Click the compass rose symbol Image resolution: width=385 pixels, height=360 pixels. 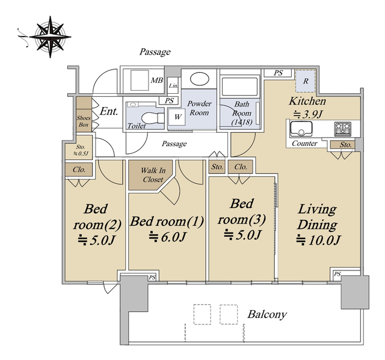point(50,37)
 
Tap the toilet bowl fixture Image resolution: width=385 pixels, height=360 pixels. point(150,118)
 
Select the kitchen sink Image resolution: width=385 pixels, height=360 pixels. point(301,129)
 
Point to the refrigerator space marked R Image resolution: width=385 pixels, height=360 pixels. point(305,81)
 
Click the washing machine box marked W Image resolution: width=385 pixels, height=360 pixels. point(177,117)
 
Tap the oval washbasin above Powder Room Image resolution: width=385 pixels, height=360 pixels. point(199,79)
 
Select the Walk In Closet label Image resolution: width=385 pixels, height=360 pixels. point(153,175)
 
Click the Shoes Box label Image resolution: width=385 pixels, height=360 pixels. point(84,121)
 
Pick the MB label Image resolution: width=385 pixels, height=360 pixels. point(157,80)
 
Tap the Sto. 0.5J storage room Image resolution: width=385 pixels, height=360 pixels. point(79,147)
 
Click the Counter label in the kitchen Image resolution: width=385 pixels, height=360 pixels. point(304,143)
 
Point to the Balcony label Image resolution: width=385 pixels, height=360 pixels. point(267,314)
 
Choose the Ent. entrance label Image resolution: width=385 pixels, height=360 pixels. point(109,111)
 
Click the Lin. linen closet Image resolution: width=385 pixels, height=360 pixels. point(173,85)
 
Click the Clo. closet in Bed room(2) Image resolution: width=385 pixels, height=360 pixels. point(79,169)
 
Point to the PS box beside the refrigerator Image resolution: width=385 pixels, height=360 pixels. point(278,73)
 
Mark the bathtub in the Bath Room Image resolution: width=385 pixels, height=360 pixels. point(240,87)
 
